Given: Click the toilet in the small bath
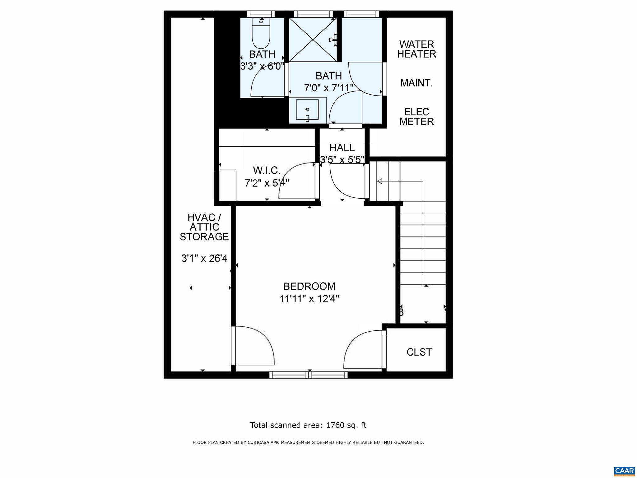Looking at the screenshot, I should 261,36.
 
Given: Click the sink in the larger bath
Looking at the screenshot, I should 307,110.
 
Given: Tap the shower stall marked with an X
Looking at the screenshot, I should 313,40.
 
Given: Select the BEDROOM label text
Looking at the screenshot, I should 309,286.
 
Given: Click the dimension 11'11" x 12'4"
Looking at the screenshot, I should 309,299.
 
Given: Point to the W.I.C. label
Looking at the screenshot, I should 267,170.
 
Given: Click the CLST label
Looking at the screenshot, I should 419,352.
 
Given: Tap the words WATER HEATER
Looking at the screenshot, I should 416,49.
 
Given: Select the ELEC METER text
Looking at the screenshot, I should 416,116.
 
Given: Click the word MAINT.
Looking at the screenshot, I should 416,83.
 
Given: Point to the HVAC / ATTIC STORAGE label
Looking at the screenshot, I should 204,227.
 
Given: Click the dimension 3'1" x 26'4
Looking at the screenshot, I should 204,258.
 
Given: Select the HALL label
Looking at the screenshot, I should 342,148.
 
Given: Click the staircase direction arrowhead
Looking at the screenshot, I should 379,181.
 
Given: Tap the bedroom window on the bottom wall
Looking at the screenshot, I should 308,375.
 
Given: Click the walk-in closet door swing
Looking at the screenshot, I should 297,181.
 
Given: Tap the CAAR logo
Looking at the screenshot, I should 624,471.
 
